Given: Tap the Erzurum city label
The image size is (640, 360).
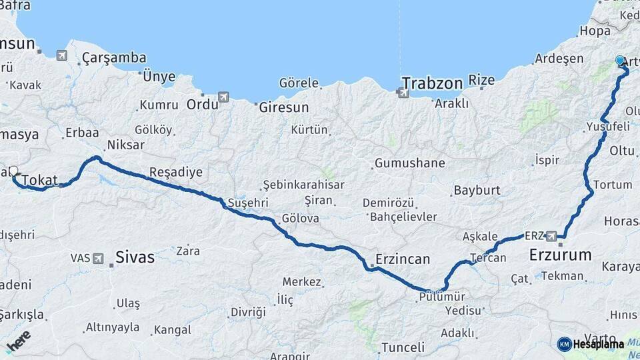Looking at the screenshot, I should click(x=560, y=255).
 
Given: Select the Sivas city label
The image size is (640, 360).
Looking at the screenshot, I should click(x=135, y=257).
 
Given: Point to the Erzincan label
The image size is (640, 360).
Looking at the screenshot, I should click(x=402, y=258).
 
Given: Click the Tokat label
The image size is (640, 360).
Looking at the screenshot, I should click(x=40, y=180).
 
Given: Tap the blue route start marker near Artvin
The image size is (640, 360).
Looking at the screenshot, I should click(x=621, y=61).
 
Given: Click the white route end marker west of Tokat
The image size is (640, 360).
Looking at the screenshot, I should click(x=13, y=171).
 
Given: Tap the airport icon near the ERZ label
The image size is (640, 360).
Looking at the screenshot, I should click(x=552, y=236).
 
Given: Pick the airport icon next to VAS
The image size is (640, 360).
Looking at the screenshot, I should click(x=99, y=258).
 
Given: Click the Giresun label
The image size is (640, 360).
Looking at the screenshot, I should click(x=283, y=107).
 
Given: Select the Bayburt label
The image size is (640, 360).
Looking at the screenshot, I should click(x=477, y=191).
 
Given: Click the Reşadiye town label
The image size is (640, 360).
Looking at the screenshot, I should click(x=176, y=172).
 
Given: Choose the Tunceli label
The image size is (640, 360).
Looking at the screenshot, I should click(x=402, y=347).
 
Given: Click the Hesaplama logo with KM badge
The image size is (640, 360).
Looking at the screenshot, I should click(x=591, y=344).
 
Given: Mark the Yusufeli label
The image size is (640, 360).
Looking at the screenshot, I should click(x=607, y=127).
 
